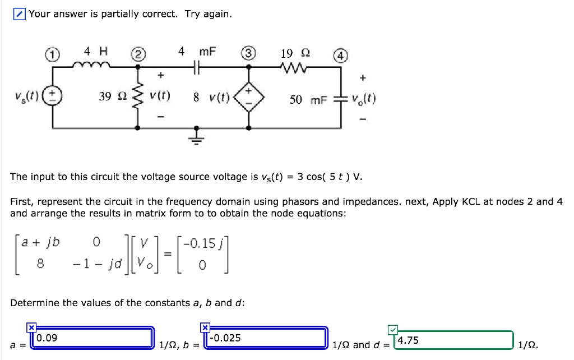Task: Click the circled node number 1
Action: coord(52,55)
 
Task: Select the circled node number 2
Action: coord(138,55)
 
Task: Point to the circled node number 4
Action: coord(341,57)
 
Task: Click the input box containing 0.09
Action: coord(92,338)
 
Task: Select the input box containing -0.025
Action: coord(266,338)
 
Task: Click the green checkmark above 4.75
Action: coord(393,329)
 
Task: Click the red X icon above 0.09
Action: coord(32,327)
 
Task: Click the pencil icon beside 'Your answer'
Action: coord(20,14)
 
